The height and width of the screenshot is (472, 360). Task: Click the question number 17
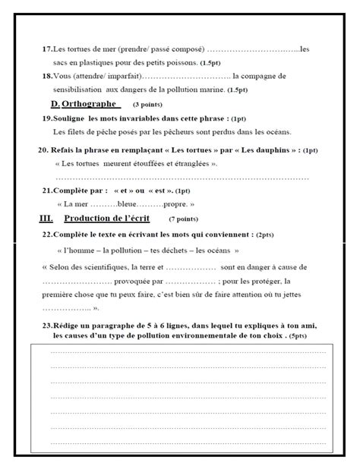click(47, 49)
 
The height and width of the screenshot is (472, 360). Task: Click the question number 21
click(48, 191)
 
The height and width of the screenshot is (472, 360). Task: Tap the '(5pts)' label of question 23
click(297, 335)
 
